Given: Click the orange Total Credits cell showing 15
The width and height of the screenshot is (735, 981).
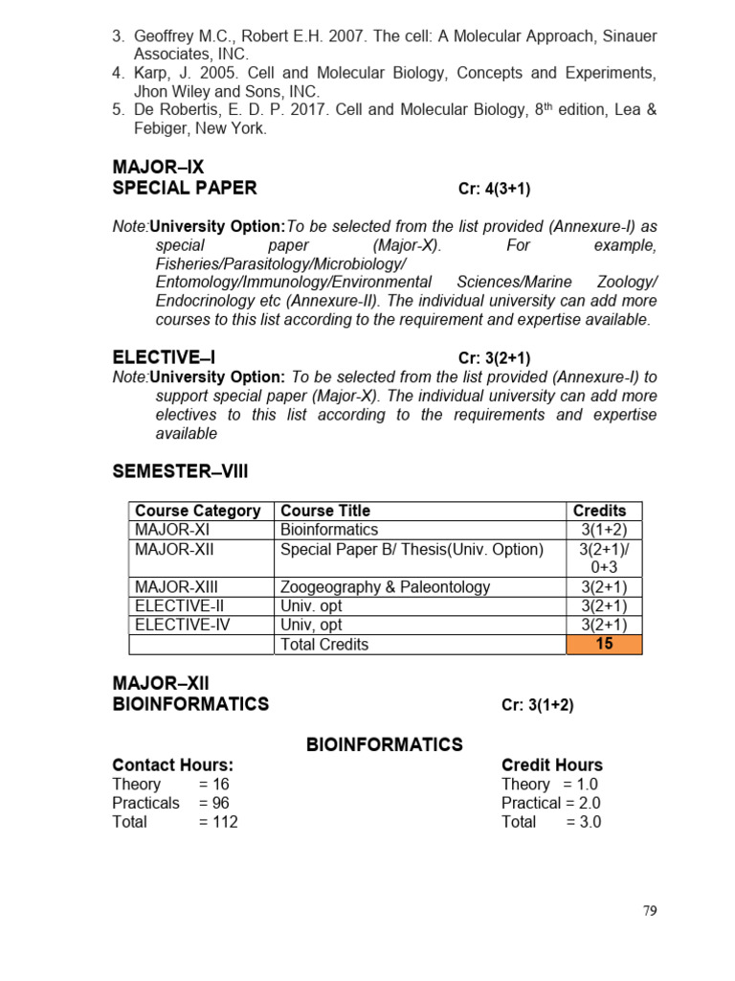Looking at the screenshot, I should coord(604,644).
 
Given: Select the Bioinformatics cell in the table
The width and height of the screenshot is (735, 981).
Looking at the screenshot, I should coord(329,530).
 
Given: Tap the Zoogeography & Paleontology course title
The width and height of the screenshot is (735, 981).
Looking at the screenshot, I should coord(385,587).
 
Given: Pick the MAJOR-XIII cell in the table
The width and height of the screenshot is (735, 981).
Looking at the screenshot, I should coord(179,587).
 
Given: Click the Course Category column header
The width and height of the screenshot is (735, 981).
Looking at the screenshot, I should coord(197,511).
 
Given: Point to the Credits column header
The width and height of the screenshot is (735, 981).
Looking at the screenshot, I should coord(599,511).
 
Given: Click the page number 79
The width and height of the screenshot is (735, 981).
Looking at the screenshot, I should coord(651,911).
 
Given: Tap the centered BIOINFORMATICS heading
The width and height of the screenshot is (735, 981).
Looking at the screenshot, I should coord(384,744).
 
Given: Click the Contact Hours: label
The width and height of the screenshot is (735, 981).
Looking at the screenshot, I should coord(172,764).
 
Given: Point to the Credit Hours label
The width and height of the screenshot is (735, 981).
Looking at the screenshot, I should coord(552,764).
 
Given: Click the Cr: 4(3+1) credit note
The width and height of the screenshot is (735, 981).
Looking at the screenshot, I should coord(494,189).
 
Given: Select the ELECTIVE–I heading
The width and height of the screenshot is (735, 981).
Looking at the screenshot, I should coord(164,357).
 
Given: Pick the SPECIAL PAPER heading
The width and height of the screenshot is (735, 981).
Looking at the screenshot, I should coord(185,188).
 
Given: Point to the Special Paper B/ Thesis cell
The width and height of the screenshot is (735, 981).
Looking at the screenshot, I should coord(412,549).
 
